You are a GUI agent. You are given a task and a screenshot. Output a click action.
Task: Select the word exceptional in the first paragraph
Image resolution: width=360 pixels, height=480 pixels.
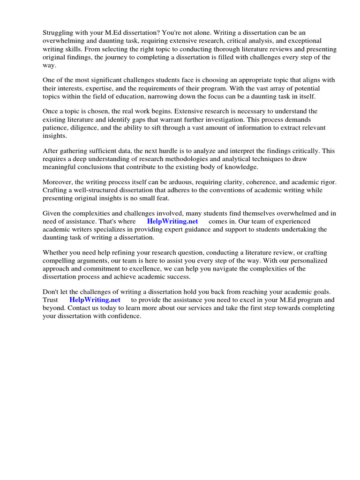tap(303, 41)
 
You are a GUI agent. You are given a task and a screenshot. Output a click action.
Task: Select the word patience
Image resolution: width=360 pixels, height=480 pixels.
tap(56, 128)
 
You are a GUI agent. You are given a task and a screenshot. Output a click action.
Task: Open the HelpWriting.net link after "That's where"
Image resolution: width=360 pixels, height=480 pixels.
tap(172, 221)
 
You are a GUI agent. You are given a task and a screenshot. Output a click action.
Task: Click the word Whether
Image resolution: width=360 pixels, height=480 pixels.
tap(57, 252)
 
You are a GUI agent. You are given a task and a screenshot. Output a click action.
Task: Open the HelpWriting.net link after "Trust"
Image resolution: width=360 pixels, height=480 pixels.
tap(95, 300)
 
